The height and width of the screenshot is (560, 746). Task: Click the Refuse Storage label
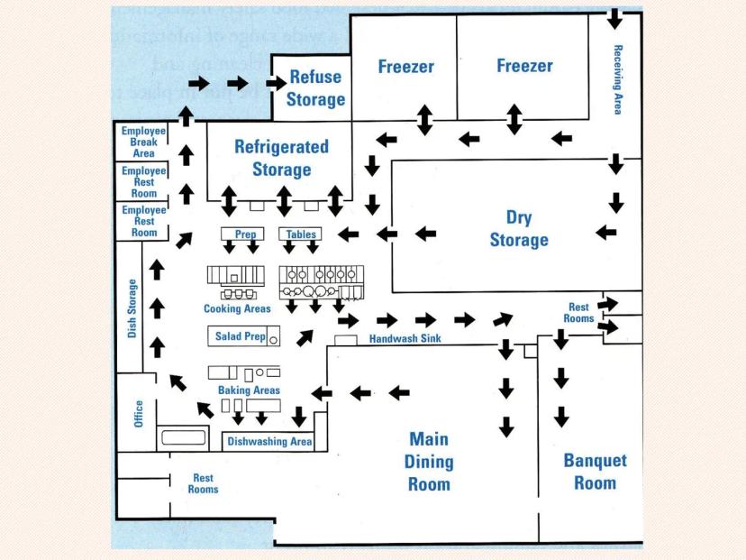(315, 88)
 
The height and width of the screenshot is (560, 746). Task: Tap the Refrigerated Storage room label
(281, 157)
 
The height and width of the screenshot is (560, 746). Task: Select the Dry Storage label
(519, 229)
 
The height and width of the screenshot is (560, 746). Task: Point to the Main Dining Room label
(429, 462)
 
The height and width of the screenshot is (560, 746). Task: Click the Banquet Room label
(595, 471)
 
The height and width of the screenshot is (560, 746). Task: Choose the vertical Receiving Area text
(618, 79)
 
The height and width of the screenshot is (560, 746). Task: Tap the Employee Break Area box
(144, 142)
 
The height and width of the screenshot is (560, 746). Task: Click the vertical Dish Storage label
(132, 309)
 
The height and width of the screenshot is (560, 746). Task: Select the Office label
(139, 414)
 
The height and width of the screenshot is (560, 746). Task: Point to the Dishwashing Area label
(269, 442)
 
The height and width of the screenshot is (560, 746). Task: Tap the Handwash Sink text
(405, 340)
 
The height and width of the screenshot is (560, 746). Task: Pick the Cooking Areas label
(237, 308)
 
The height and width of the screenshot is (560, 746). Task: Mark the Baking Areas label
(249, 390)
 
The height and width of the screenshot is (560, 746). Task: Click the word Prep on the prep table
(246, 234)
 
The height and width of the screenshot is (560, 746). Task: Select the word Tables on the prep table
(301, 234)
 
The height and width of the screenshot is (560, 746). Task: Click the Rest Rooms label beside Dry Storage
(578, 313)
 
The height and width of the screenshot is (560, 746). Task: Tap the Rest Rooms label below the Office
(203, 483)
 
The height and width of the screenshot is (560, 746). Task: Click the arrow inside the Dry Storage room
(607, 233)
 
